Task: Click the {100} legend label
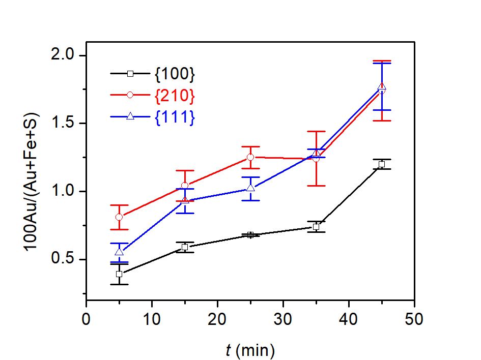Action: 174,74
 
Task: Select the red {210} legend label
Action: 174,96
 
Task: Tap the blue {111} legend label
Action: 174,117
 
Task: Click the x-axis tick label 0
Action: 87,321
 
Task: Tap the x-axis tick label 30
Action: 283,321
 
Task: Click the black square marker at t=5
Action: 119,274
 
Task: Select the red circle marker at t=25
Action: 250,157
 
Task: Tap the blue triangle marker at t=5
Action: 119,252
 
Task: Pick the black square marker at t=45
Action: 381,164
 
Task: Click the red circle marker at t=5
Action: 119,217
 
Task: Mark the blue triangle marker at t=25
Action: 250,188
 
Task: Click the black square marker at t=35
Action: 316,227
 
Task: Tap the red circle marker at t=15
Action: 185,186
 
